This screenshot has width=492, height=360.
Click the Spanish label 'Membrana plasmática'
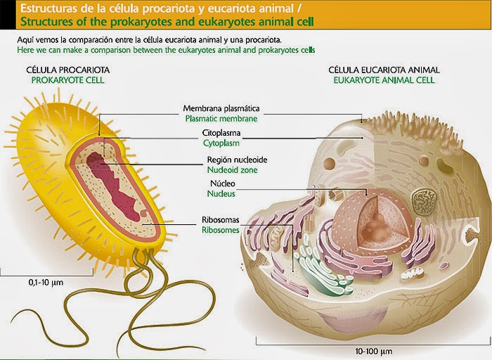pos(221,109)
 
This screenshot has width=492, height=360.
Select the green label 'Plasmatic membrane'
pos(221,119)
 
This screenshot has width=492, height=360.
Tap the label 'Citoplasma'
pos(221,132)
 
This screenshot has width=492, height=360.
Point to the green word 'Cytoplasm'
pos(221,142)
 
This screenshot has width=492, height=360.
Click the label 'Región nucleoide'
pos(237,160)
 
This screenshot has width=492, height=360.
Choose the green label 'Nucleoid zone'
pos(232,169)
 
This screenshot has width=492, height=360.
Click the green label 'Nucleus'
pos(218,193)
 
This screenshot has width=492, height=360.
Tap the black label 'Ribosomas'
pos(221,220)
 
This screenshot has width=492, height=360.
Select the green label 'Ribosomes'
pos(221,230)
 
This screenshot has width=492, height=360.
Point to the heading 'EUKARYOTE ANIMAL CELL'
pos(384,80)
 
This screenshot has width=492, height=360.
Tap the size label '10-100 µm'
pos(375,350)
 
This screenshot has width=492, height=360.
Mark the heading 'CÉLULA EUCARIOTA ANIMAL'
pos(384,70)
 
